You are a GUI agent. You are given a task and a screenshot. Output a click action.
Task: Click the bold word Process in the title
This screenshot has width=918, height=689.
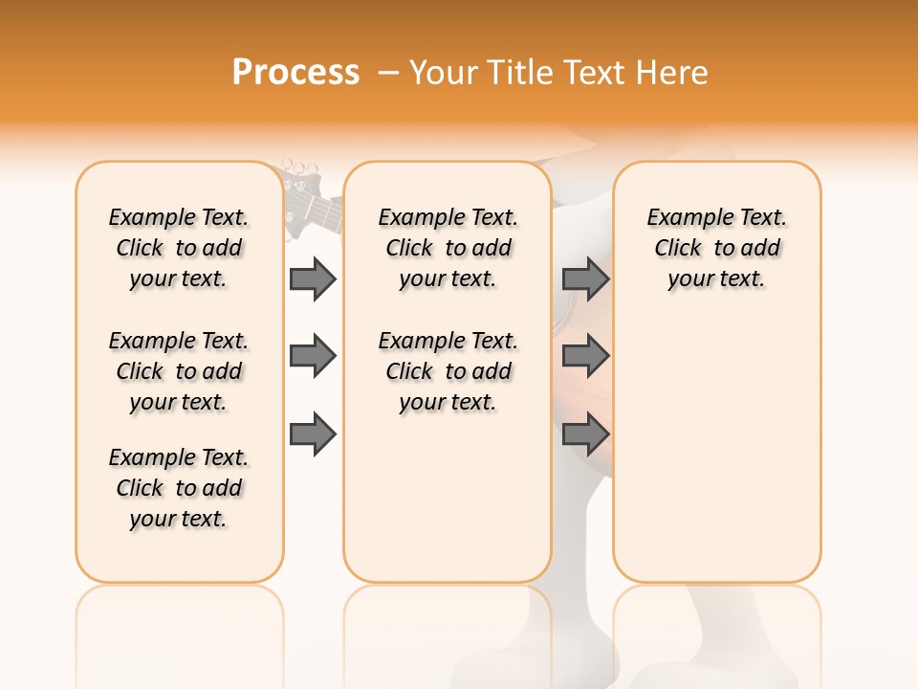point(295,73)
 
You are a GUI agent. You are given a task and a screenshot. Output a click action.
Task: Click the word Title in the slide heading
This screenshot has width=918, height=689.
point(517,73)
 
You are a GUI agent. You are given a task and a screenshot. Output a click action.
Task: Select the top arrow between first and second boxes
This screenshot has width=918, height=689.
point(313,278)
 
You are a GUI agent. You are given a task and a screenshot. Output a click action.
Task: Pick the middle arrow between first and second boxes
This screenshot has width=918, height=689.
point(313,356)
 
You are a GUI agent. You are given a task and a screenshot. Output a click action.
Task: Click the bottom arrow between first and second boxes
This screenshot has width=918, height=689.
point(313,434)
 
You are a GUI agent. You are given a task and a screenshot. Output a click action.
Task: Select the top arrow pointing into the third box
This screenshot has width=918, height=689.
point(585,278)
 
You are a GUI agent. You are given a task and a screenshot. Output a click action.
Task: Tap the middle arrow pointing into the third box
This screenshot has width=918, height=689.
point(585,356)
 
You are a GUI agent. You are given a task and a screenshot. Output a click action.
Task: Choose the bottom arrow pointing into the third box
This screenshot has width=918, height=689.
point(585,434)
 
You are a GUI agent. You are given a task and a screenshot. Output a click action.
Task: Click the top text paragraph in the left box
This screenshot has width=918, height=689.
point(179,248)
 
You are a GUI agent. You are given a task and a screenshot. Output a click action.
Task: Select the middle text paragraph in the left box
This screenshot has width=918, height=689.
point(179,371)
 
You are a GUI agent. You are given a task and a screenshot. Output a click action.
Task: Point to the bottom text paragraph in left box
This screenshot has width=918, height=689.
point(179,488)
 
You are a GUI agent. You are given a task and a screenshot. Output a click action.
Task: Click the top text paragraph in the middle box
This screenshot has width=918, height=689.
point(448,248)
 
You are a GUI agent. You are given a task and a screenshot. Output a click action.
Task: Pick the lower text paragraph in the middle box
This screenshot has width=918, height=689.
point(448,371)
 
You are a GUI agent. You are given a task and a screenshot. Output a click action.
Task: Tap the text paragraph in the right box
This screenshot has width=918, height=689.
point(716,248)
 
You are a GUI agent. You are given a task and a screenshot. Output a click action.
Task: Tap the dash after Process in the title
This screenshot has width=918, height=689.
point(388,73)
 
